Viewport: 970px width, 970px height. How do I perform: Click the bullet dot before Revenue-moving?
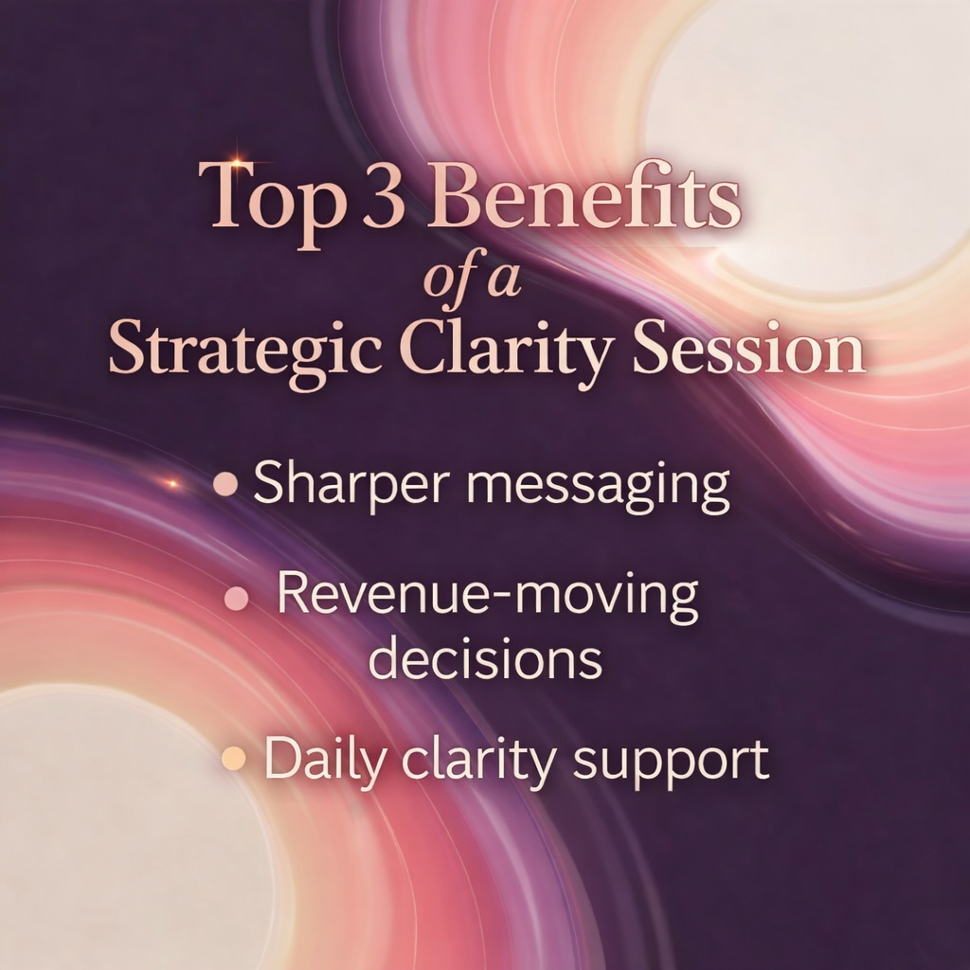pos(238,598)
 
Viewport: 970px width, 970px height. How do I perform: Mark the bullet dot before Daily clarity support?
pos(231,759)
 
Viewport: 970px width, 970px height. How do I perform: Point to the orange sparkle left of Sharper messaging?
pos(172,483)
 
